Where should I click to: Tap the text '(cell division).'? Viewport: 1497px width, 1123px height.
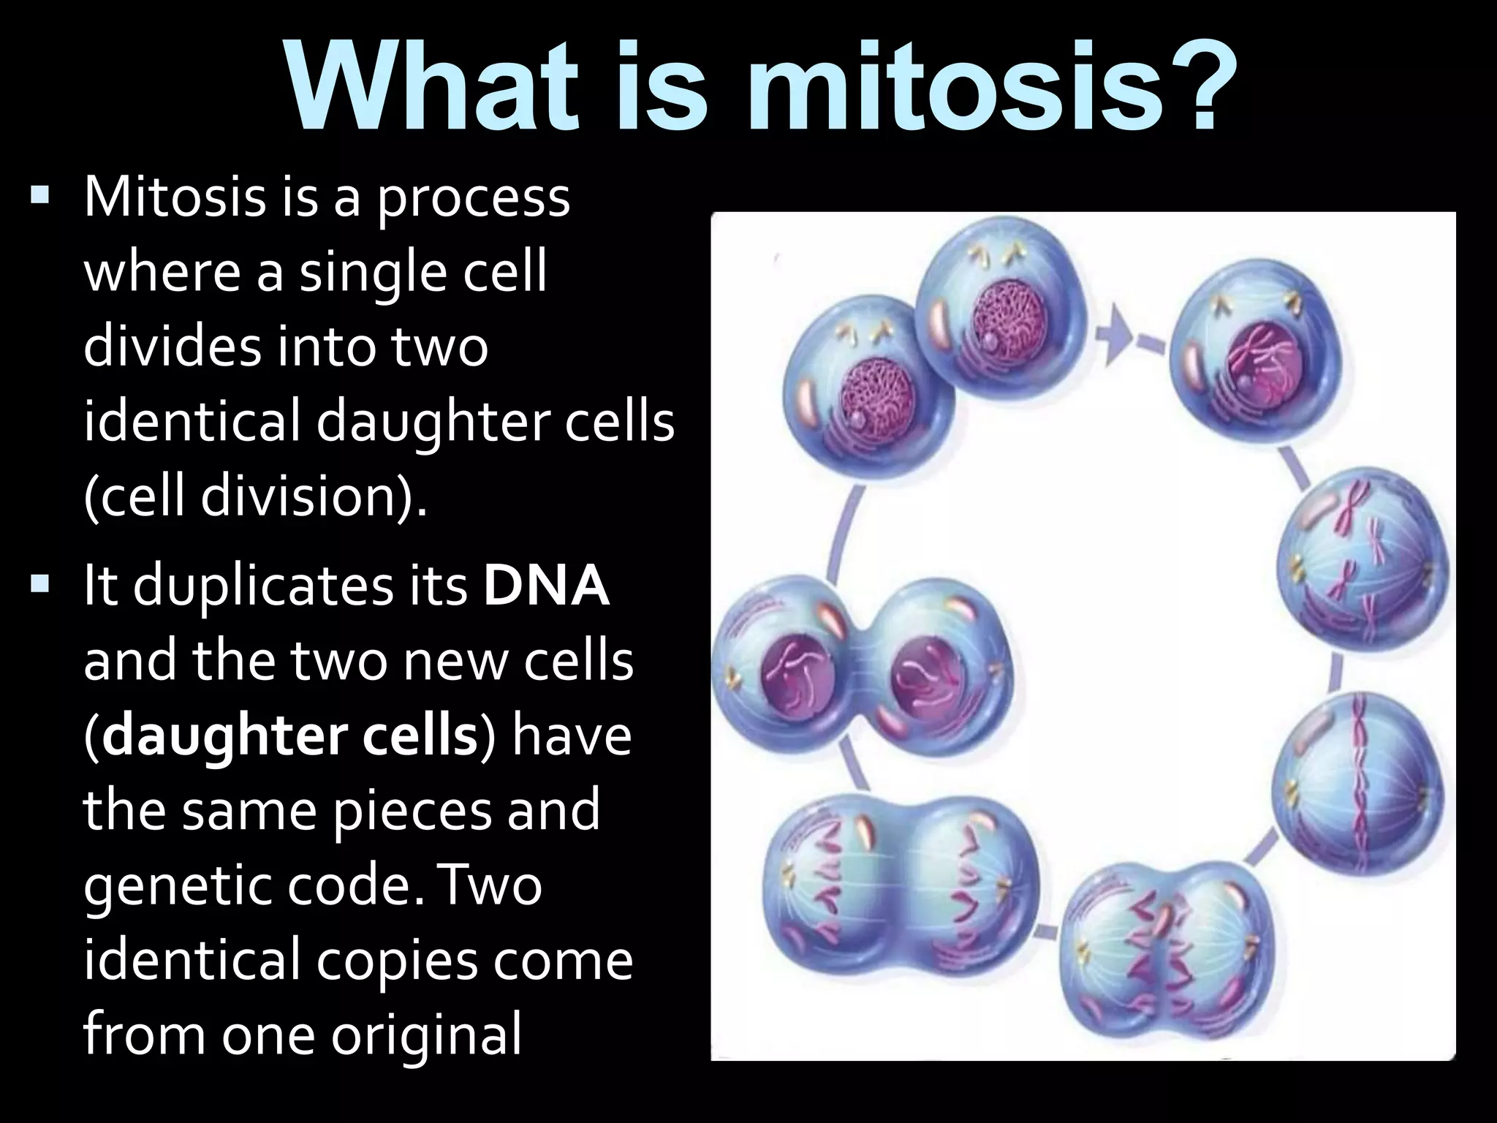click(x=255, y=497)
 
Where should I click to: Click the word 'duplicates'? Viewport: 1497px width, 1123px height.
click(x=300, y=589)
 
